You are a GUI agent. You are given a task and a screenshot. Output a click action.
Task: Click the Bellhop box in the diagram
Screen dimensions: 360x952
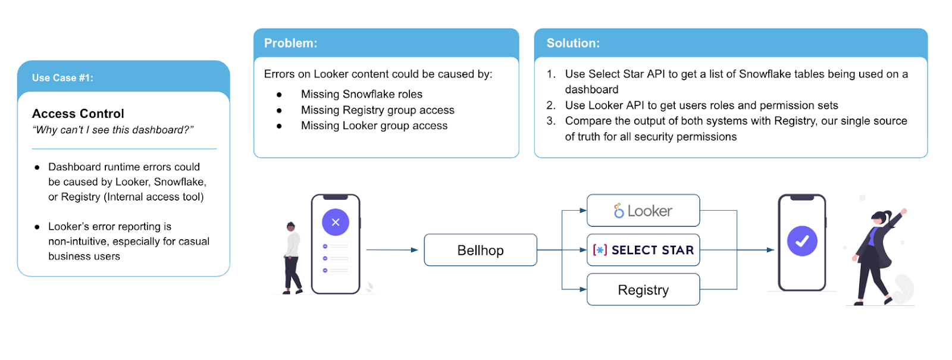(x=480, y=250)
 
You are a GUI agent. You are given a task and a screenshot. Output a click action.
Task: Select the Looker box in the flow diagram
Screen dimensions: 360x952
(x=643, y=211)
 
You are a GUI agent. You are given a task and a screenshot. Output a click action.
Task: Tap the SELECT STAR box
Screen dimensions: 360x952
(x=643, y=250)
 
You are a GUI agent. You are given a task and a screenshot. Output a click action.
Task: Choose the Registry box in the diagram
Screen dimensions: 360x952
(x=643, y=290)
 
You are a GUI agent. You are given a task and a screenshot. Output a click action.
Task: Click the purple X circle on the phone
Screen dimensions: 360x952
(x=336, y=222)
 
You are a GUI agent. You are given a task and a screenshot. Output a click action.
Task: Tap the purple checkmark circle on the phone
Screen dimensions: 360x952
(x=802, y=241)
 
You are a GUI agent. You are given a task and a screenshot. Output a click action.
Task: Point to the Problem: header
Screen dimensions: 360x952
(x=291, y=43)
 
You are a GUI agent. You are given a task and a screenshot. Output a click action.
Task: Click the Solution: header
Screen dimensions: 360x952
(x=573, y=43)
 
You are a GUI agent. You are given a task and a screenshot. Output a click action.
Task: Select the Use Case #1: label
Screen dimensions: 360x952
(x=62, y=78)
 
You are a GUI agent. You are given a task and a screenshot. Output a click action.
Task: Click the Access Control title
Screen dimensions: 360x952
(x=78, y=114)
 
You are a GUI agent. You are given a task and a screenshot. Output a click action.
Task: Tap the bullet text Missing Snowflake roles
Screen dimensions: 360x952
(x=362, y=94)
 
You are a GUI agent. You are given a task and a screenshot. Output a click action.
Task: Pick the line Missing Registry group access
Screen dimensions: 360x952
(x=377, y=110)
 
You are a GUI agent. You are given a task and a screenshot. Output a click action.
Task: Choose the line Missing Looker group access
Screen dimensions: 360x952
(x=374, y=126)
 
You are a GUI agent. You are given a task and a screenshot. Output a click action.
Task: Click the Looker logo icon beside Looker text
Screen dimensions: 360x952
(x=619, y=211)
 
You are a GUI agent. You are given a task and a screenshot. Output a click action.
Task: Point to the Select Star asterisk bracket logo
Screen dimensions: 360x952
(x=600, y=250)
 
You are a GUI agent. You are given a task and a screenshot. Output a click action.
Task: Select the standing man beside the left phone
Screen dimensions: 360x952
(x=292, y=258)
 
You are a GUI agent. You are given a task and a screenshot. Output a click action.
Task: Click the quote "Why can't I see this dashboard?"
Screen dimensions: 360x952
(x=113, y=130)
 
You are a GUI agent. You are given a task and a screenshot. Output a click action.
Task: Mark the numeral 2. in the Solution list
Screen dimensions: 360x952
(x=551, y=105)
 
